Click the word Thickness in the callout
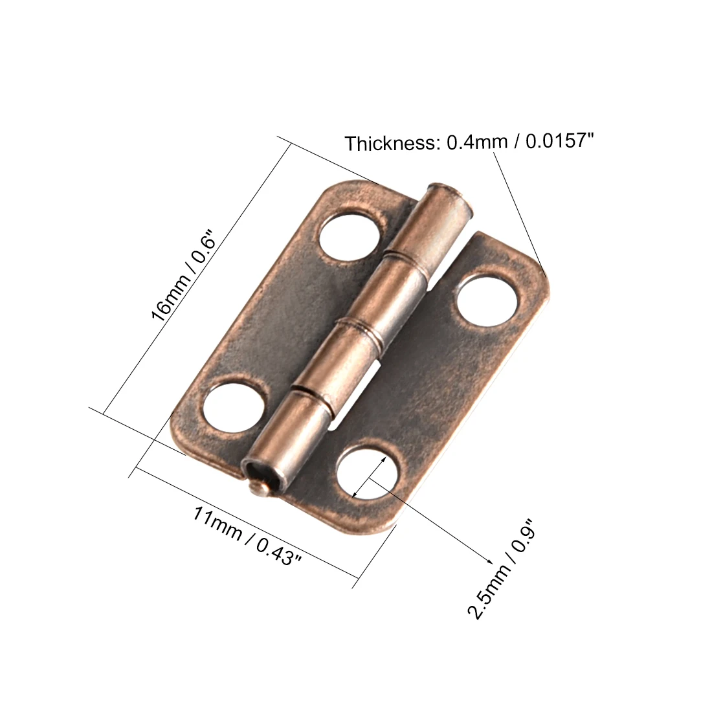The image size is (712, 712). click(390, 144)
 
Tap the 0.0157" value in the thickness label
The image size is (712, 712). click(559, 140)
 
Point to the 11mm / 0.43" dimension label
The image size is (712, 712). click(247, 536)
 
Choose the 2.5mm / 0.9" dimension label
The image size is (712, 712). click(502, 570)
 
